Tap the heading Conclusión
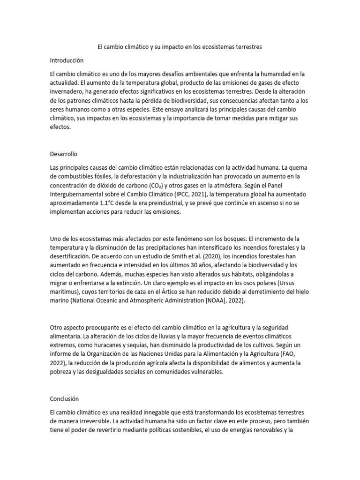pyautogui.click(x=64, y=398)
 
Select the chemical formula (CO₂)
pyautogui.click(x=157, y=185)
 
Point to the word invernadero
pyautogui.click(x=69, y=92)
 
